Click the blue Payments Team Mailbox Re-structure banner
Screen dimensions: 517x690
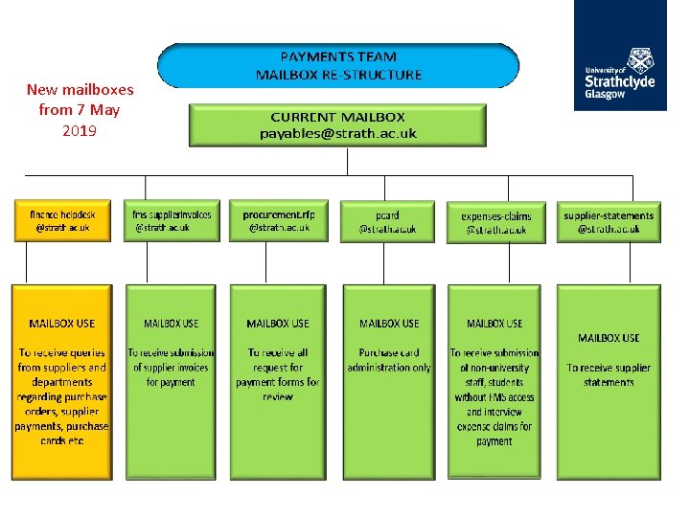point(338,65)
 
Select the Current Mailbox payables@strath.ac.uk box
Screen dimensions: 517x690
point(338,124)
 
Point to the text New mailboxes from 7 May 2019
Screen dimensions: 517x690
point(80,110)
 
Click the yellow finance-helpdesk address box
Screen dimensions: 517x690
point(62,221)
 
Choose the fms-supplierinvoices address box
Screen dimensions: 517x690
point(172,221)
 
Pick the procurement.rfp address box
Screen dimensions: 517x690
point(279,221)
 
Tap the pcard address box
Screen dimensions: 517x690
point(387,222)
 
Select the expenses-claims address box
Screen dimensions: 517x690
point(495,223)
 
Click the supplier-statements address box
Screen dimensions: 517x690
point(608,222)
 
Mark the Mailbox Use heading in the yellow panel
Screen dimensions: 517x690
point(62,324)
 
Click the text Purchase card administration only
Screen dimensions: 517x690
point(388,360)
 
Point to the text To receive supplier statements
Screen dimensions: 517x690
point(609,374)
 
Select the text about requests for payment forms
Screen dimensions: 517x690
point(278,374)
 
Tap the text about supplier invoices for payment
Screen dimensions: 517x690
point(172,367)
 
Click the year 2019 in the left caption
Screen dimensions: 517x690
point(80,130)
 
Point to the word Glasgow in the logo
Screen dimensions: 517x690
point(607,95)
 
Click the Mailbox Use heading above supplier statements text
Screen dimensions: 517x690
point(609,338)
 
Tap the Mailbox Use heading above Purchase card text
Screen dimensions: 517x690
point(388,324)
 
